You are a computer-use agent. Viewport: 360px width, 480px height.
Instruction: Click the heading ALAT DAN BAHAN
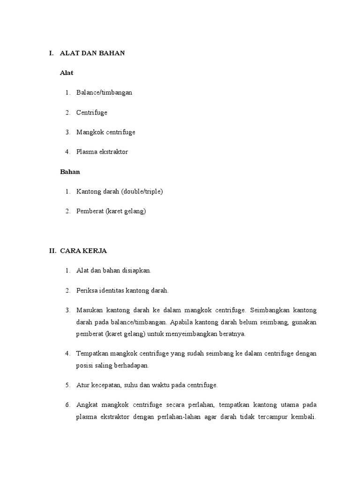[92, 53]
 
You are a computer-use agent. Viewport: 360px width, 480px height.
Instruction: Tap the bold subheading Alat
[67, 73]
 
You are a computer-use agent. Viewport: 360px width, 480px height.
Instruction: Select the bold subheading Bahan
[70, 172]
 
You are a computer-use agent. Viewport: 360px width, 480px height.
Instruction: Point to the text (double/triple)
[142, 191]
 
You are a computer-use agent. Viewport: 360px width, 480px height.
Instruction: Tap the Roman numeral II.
[52, 251]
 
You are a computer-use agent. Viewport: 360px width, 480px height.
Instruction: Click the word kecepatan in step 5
[105, 385]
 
